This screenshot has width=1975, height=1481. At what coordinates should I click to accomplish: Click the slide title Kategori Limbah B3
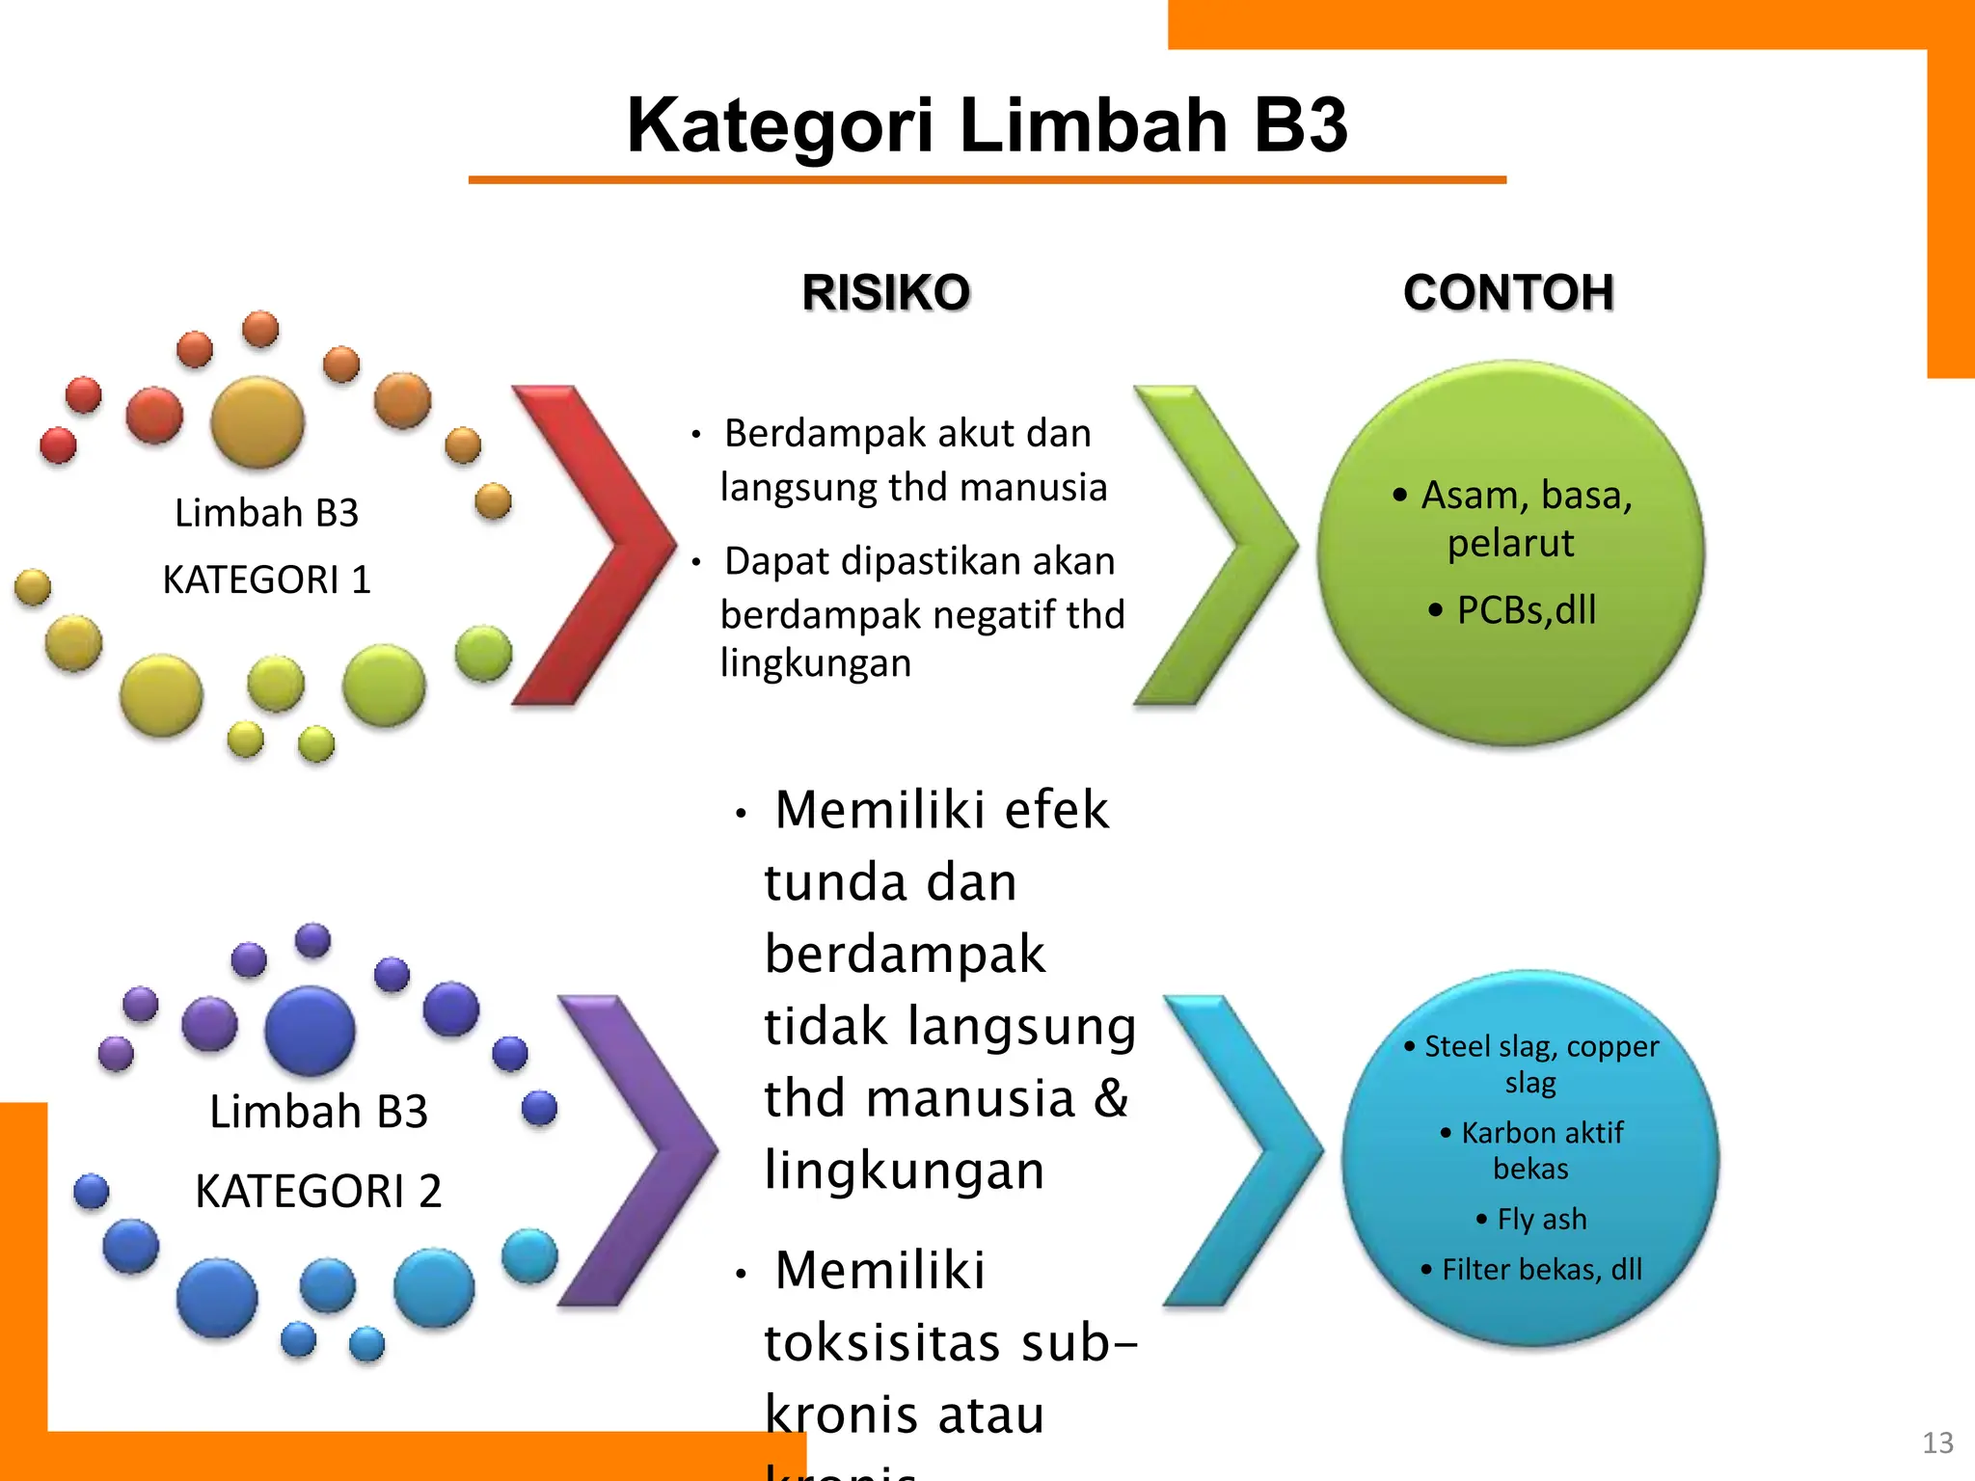(987, 125)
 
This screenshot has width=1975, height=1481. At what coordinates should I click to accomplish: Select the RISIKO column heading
(885, 292)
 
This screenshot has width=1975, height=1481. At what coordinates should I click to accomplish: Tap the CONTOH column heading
(1508, 292)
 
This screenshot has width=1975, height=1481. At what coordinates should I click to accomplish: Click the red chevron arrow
(598, 545)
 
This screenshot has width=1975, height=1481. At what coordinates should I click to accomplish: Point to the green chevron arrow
(1220, 545)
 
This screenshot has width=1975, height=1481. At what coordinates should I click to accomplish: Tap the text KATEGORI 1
(266, 579)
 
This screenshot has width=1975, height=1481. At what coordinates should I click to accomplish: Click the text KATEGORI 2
(318, 1191)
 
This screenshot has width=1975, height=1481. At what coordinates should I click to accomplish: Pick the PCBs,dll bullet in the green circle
(1526, 609)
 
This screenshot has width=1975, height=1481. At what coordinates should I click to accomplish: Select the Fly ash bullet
(1541, 1219)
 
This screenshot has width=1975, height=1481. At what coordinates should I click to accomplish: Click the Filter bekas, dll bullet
(1541, 1269)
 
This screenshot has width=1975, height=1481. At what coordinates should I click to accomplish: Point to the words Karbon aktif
(1541, 1132)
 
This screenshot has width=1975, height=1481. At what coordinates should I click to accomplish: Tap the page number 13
(1937, 1442)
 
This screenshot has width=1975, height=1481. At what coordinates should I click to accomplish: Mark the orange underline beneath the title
(987, 180)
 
